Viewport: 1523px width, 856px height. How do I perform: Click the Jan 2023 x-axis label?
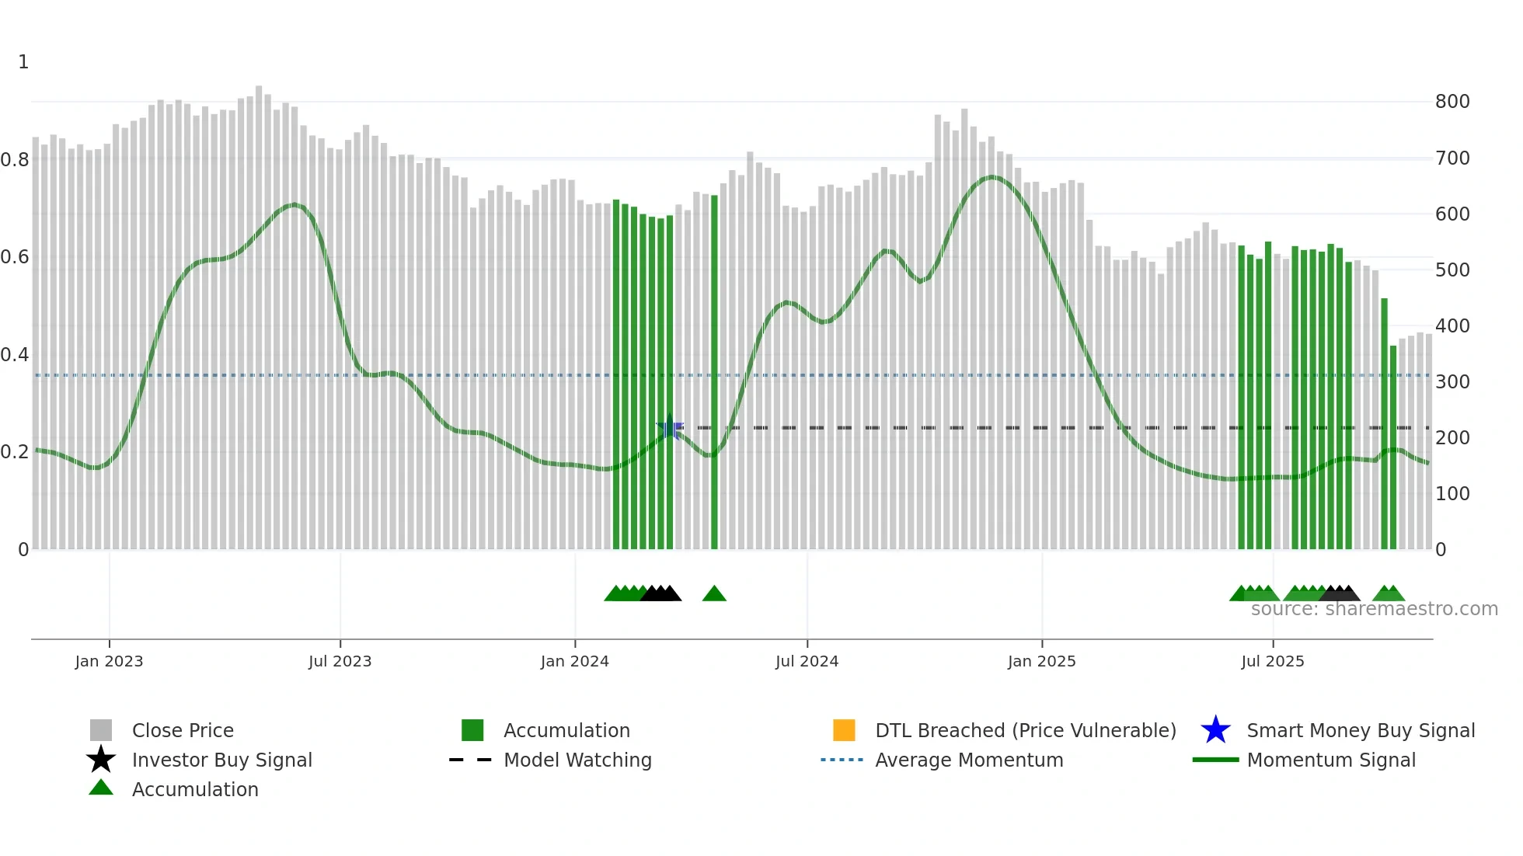click(x=109, y=661)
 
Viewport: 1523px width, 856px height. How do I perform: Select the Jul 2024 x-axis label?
click(x=807, y=661)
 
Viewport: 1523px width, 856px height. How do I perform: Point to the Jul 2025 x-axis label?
click(x=1272, y=661)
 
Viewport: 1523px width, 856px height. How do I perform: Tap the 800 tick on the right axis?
click(x=1452, y=102)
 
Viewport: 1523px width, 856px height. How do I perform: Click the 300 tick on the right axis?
click(x=1452, y=382)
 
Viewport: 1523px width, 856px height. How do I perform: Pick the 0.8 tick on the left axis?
click(x=15, y=160)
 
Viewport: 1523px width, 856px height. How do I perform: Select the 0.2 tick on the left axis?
click(x=15, y=452)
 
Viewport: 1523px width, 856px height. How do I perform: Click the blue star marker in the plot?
click(x=670, y=428)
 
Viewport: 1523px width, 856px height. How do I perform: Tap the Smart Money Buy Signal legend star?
click(x=1215, y=730)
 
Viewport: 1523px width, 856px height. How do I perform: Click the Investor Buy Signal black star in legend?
click(x=101, y=760)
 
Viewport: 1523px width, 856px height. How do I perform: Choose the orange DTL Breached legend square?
click(x=844, y=730)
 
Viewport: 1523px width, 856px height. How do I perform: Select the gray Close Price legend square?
click(x=101, y=730)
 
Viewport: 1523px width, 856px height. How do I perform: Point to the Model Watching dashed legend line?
click(x=470, y=760)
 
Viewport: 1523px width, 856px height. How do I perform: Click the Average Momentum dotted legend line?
click(x=842, y=760)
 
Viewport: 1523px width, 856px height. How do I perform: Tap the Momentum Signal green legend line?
click(x=1215, y=760)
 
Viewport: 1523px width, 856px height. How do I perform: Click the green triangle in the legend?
click(x=101, y=788)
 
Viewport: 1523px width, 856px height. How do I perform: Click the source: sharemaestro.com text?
click(x=1374, y=609)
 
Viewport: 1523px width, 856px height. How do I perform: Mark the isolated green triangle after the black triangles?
click(x=714, y=594)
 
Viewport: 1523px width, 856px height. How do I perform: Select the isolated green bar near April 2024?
click(x=714, y=373)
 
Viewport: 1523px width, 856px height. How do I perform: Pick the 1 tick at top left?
click(x=23, y=62)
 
